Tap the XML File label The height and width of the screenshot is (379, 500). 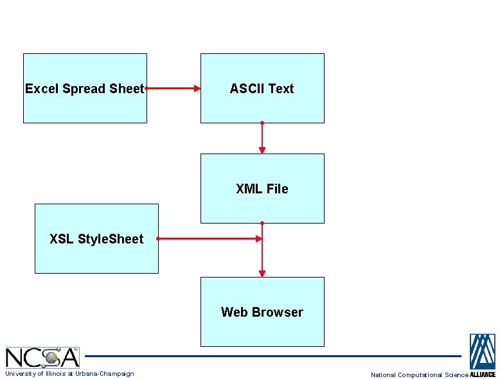[262, 189]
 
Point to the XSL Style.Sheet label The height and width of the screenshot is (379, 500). [96, 239]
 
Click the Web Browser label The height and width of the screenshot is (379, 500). [262, 312]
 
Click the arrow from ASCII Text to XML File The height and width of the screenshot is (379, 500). [262, 137]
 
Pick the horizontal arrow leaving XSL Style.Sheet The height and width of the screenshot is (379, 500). [209, 238]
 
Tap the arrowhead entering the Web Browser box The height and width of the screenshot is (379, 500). [262, 272]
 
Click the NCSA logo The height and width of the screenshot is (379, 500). [42, 357]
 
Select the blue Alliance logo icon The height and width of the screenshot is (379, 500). [482, 351]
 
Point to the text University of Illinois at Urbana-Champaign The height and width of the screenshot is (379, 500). [69, 374]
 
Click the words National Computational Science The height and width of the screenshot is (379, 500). [420, 375]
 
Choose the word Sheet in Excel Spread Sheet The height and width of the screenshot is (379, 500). [126, 89]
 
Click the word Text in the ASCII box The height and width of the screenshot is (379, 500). [281, 89]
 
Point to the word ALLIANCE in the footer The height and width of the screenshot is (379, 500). [483, 375]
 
